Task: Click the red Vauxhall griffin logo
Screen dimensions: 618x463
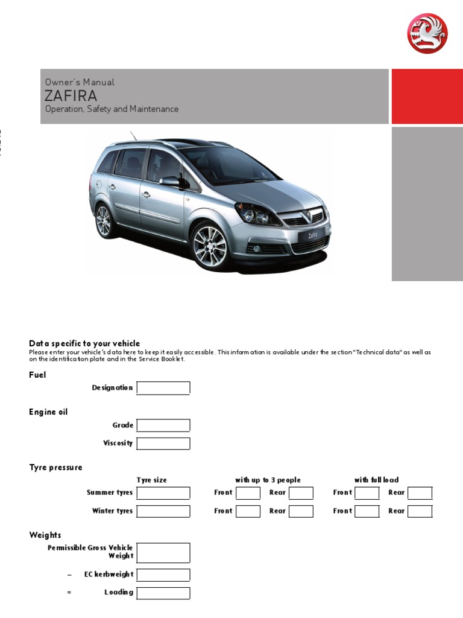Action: click(427, 33)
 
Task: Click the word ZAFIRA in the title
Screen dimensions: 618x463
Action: click(71, 97)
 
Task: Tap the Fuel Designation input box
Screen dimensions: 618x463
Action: click(163, 388)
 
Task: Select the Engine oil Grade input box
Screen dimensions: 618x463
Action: click(163, 425)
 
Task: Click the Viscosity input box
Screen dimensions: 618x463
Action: click(163, 444)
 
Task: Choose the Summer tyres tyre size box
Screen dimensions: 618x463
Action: click(163, 493)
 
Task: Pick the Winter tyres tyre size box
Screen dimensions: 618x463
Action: click(163, 511)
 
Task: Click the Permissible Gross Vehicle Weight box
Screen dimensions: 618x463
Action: click(163, 552)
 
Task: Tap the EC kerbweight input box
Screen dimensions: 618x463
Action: click(163, 575)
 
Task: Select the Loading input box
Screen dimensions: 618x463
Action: click(163, 593)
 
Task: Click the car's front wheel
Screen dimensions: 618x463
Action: click(210, 246)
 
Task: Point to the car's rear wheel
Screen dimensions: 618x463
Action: click(104, 221)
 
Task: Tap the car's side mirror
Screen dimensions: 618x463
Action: click(170, 181)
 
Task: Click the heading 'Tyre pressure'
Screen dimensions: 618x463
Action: click(55, 468)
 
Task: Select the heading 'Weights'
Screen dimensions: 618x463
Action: click(45, 535)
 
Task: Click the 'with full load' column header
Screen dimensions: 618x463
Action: click(376, 480)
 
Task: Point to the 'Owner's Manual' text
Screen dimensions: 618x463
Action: click(80, 82)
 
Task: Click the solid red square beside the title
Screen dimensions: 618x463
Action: click(427, 97)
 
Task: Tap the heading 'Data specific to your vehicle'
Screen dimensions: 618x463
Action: click(84, 343)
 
